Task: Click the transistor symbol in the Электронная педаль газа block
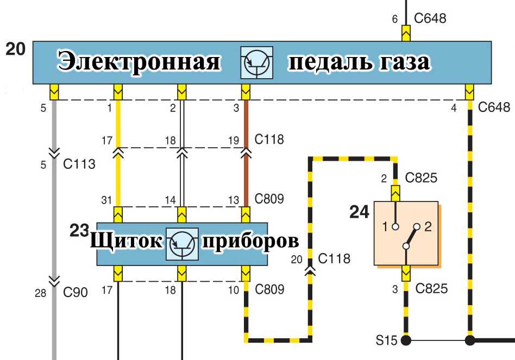click(x=257, y=62)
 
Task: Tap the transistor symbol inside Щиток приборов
click(x=182, y=244)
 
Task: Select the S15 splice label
click(x=386, y=340)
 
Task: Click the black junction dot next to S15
click(x=406, y=340)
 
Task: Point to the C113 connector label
click(x=79, y=164)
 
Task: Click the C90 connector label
click(x=75, y=292)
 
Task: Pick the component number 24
click(x=359, y=212)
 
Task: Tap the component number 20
click(x=15, y=49)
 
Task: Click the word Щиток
click(x=126, y=241)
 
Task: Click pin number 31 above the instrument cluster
click(x=106, y=200)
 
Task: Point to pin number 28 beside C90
click(x=40, y=292)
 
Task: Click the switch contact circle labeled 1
click(x=396, y=226)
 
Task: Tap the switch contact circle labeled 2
click(x=417, y=226)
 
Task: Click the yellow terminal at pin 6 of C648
click(x=406, y=33)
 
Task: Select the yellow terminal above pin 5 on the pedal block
click(x=54, y=92)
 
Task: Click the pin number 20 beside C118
click(x=296, y=259)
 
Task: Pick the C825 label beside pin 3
click(x=431, y=288)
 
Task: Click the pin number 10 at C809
click(x=234, y=290)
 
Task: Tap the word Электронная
click(x=139, y=62)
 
